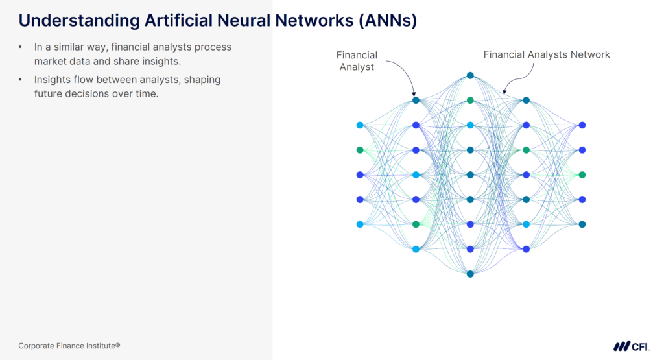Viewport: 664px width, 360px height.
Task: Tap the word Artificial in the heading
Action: point(175,21)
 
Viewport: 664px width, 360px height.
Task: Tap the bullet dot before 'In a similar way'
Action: point(21,47)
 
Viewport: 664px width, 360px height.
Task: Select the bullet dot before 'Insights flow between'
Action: point(21,80)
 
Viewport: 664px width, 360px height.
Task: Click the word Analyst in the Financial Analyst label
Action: point(357,67)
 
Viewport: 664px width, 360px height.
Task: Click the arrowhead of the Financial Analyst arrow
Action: point(414,95)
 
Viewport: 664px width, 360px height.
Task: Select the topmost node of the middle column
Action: point(470,75)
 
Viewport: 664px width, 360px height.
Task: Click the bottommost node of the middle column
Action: point(470,274)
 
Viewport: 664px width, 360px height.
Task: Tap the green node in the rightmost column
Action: point(582,174)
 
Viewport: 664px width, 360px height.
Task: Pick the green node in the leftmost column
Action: point(360,150)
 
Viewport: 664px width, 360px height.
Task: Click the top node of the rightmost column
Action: point(582,125)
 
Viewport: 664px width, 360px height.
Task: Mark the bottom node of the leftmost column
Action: point(360,224)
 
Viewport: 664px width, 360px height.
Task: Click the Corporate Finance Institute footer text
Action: point(69,346)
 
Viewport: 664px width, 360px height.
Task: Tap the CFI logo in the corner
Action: point(632,346)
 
